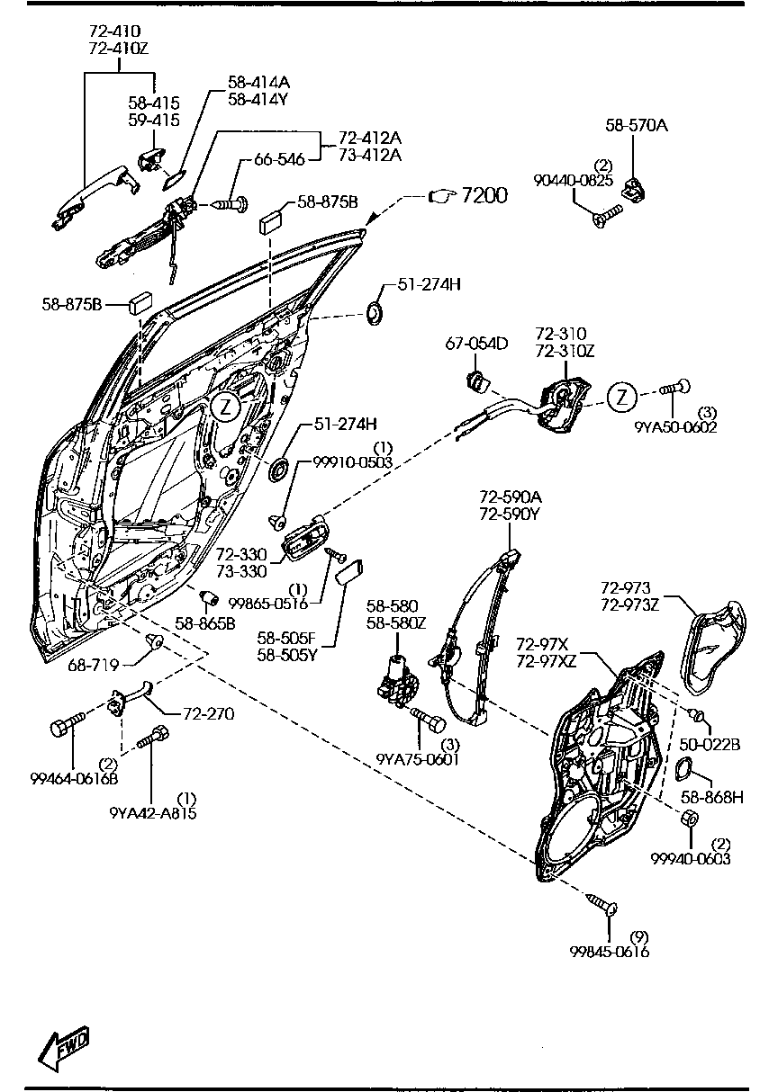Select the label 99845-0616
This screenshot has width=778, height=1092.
coord(609,952)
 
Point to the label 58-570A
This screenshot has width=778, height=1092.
coord(636,126)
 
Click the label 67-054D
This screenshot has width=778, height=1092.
coord(477,343)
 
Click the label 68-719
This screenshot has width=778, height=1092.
coord(94,667)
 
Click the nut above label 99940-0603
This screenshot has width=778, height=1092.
coord(689,819)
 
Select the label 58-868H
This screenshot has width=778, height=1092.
coord(712,797)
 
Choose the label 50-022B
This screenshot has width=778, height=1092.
coord(710,746)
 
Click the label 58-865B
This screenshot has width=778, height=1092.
coord(204,622)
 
